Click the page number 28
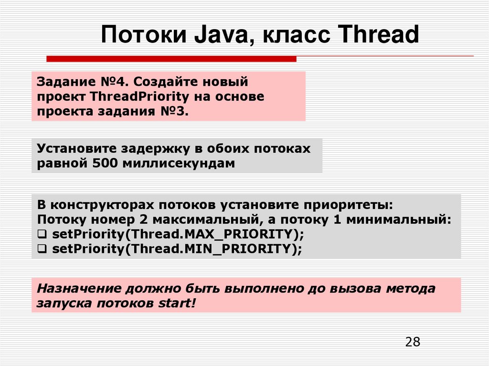413,342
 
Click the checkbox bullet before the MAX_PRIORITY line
42,234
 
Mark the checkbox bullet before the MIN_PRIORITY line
42,249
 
